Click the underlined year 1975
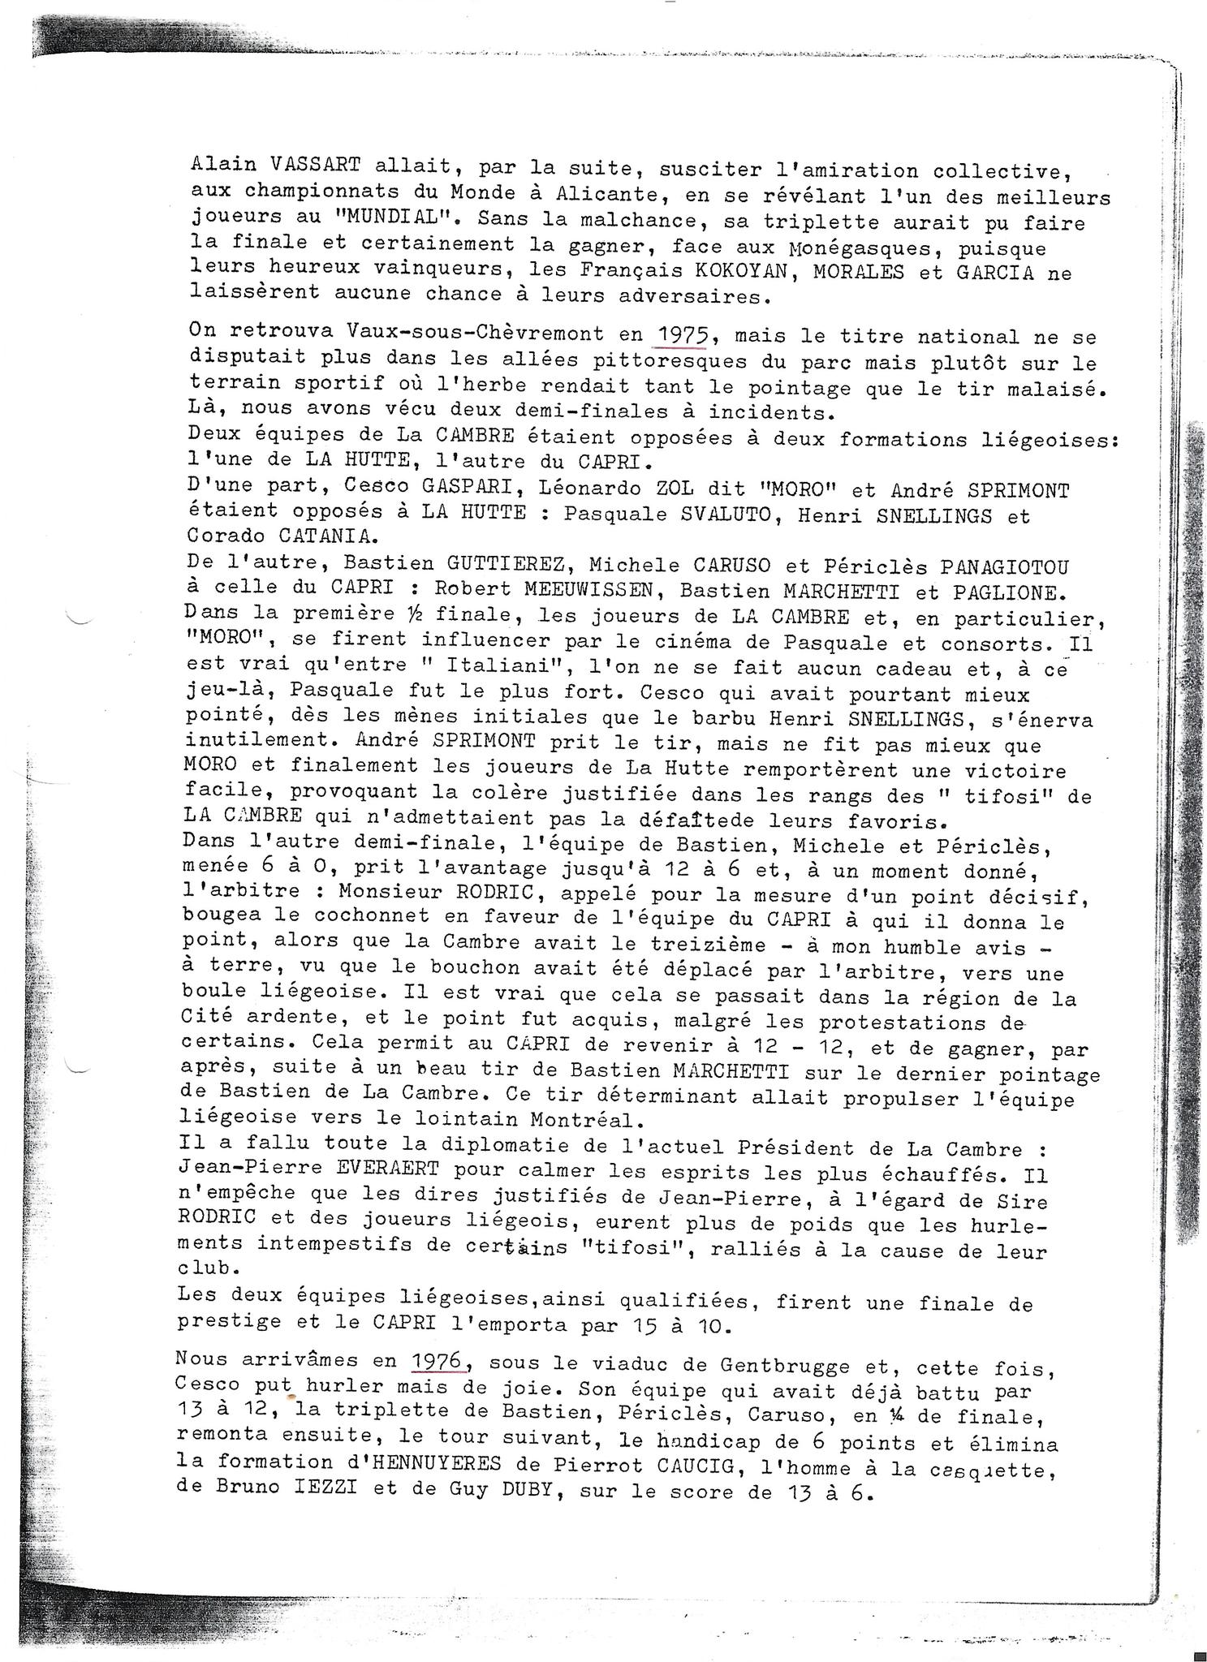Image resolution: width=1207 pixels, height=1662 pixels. point(683,334)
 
